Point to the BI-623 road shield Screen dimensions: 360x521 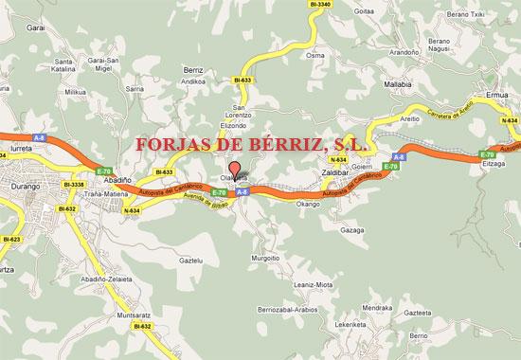tap(10, 239)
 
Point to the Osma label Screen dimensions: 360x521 tap(316, 56)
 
